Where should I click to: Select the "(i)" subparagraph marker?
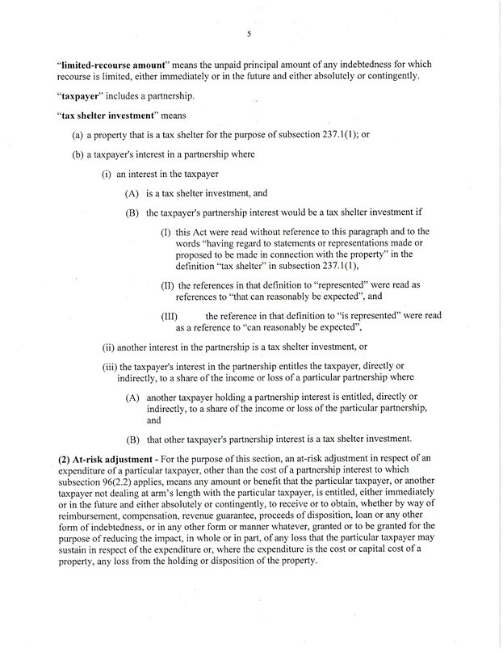[x=106, y=174]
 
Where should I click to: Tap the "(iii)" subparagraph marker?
[x=109, y=367]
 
